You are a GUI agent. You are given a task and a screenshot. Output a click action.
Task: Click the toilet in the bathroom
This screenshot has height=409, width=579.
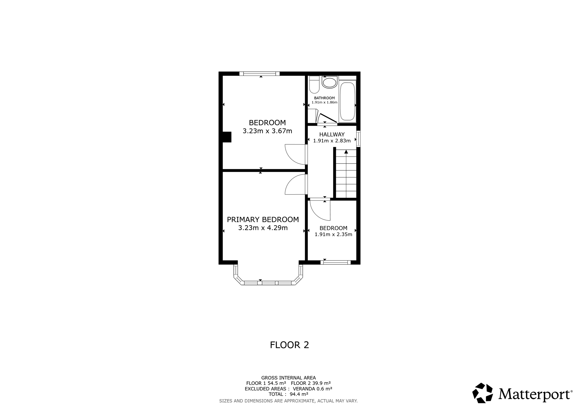[314, 84]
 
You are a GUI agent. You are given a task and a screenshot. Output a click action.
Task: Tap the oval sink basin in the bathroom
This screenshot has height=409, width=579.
[329, 83]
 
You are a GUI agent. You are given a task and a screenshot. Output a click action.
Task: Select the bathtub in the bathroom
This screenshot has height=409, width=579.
[347, 101]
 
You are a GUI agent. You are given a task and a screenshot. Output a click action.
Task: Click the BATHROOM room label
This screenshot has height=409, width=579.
[324, 98]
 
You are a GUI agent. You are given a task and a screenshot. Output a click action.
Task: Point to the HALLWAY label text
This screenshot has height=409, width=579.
[332, 134]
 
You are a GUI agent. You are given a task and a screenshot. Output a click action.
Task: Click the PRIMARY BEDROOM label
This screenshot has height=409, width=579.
[263, 219]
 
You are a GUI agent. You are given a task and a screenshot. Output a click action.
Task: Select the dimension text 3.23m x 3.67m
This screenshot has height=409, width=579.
[267, 131]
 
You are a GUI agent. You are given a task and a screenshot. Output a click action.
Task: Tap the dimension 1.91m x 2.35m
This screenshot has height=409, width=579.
[333, 234]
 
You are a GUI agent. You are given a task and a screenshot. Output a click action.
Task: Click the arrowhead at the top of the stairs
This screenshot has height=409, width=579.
[346, 152]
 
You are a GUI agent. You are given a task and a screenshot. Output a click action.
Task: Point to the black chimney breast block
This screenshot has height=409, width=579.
[227, 137]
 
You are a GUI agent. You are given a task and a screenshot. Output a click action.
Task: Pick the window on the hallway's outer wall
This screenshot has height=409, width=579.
[358, 139]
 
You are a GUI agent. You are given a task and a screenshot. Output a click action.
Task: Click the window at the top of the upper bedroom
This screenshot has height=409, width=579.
[260, 74]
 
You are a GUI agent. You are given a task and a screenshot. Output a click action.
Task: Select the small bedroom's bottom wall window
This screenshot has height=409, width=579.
[336, 262]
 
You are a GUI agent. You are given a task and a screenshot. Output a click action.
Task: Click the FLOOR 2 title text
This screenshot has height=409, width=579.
[289, 345]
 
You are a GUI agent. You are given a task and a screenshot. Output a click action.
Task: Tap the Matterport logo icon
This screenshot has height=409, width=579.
[483, 393]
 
